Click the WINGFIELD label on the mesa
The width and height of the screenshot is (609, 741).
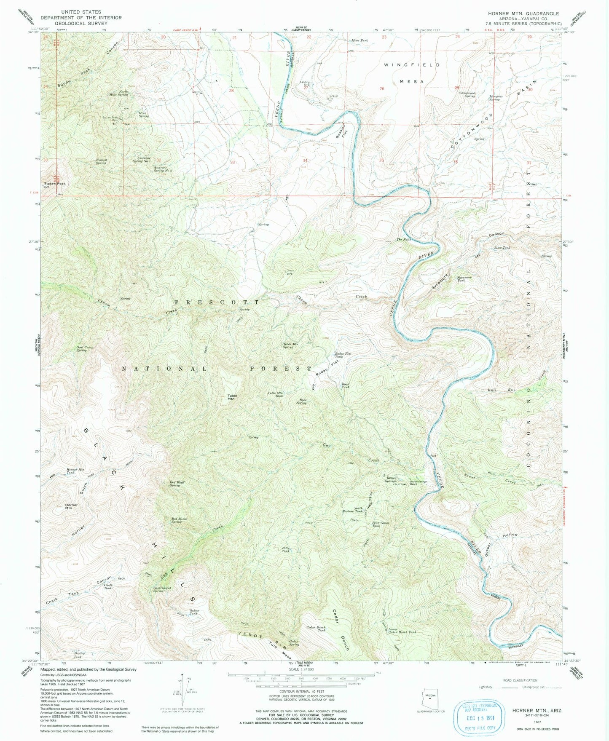click(x=412, y=65)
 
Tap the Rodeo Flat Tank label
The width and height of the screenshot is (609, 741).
click(x=343, y=355)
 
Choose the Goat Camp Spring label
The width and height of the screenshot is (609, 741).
click(x=84, y=349)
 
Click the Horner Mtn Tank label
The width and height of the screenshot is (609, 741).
click(x=75, y=471)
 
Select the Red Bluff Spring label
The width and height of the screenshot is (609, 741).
click(x=177, y=484)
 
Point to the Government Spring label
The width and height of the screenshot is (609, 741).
click(x=162, y=589)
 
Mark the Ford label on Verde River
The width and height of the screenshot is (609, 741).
click(x=433, y=455)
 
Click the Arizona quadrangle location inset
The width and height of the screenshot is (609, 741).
click(x=429, y=699)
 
